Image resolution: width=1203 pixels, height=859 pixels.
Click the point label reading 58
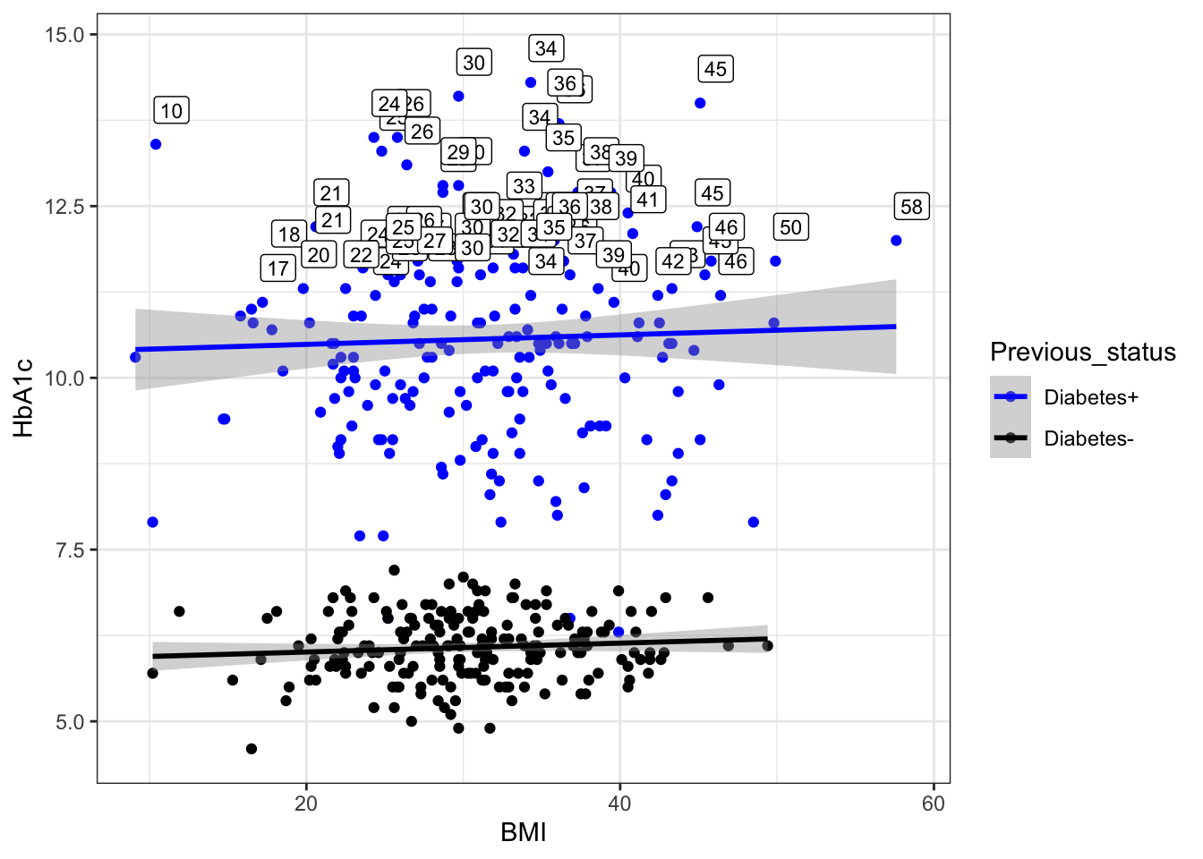(911, 207)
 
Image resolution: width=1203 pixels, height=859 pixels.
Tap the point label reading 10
(171, 111)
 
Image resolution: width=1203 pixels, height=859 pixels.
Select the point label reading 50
(790, 227)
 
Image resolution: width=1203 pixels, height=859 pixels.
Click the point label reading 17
(278, 268)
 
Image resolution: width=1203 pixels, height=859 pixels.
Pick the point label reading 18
(288, 234)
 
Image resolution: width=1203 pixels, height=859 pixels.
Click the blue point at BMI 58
(896, 241)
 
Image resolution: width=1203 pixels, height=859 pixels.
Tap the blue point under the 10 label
(156, 144)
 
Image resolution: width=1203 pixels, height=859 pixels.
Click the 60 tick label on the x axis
(933, 804)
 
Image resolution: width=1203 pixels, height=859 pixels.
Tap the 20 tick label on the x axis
(306, 804)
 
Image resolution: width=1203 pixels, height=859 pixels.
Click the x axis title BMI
(524, 833)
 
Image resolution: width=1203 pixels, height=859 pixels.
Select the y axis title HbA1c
(24, 398)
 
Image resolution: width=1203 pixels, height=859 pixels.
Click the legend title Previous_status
(1082, 353)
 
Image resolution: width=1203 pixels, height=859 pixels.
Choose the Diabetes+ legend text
(1091, 397)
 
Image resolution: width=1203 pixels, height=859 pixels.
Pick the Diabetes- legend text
(1088, 438)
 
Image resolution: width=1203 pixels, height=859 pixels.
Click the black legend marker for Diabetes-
(1011, 438)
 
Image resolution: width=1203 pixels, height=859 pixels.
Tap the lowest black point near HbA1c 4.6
(252, 749)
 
